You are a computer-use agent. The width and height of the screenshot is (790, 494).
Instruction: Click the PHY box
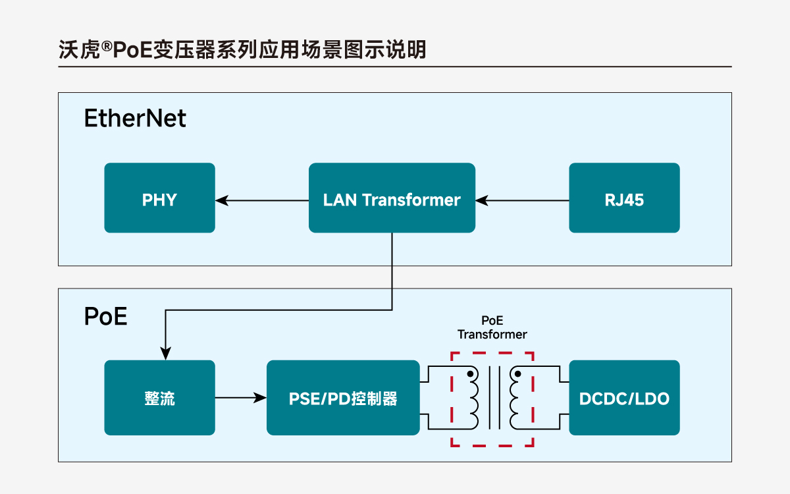coord(159,198)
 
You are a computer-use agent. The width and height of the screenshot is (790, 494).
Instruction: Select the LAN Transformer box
coord(392,198)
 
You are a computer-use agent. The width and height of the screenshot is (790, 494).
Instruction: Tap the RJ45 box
coord(624,198)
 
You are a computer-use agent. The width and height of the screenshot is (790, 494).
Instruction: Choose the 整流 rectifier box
coord(159,398)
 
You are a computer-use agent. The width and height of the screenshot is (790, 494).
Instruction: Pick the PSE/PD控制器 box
coord(343,398)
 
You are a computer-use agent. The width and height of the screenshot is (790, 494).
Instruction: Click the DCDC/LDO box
coord(624,398)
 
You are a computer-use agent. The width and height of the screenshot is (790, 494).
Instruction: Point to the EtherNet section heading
coord(135,119)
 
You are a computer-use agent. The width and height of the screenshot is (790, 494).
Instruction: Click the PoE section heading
coord(105,316)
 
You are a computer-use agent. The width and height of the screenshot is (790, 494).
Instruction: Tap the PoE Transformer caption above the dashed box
coord(492,327)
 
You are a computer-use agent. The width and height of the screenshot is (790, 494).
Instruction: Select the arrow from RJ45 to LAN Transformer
coord(523,198)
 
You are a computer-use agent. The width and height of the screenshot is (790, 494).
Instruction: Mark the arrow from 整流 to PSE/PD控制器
coord(241,398)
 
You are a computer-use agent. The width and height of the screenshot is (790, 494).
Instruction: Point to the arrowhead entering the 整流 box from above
coord(165,353)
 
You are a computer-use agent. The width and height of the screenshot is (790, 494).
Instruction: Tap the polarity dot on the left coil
coord(471,374)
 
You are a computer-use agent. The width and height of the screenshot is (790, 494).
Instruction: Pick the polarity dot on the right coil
coord(518,374)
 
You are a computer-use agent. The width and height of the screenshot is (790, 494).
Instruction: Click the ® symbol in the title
coord(106,46)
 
